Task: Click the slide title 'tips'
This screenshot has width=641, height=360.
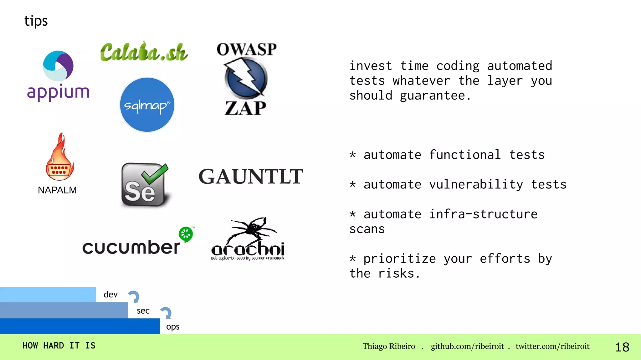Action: [x=36, y=21]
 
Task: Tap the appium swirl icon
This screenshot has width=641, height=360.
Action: [x=58, y=66]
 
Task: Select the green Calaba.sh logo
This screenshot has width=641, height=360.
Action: [x=144, y=52]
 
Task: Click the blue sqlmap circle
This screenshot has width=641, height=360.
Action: [x=147, y=105]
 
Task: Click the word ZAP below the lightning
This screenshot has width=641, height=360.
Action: [x=245, y=109]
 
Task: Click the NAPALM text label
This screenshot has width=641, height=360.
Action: [x=57, y=190]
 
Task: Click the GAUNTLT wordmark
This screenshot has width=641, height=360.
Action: [x=251, y=177]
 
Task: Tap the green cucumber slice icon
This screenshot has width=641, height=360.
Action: [x=186, y=234]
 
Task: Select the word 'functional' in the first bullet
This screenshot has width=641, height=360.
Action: [x=464, y=155]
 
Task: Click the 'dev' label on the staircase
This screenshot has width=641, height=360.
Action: [x=110, y=295]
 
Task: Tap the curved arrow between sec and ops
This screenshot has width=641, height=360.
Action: [x=166, y=313]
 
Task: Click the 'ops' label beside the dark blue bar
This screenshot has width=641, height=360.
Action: [x=173, y=327]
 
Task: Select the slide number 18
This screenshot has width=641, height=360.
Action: [x=622, y=347]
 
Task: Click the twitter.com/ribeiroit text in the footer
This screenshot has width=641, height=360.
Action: [x=552, y=346]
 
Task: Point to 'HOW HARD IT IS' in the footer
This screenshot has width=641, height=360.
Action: [x=59, y=346]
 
